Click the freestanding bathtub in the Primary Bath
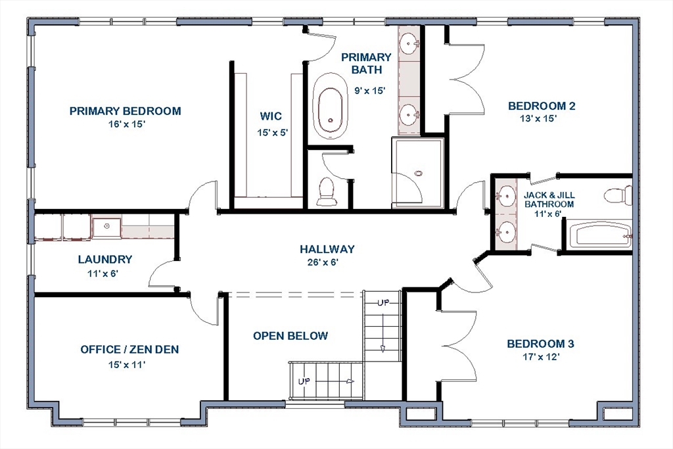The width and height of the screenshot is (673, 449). coord(330,106)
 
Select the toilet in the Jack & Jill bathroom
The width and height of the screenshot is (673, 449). coord(618,195)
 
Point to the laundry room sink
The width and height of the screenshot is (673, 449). coord(107,227)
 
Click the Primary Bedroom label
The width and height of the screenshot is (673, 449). coord(126,111)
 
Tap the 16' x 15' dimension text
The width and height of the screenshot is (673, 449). coord(127,124)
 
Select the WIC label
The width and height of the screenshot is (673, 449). coord(271,116)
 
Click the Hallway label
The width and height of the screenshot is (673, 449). coord(327,249)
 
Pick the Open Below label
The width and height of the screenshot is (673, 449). coord(290,336)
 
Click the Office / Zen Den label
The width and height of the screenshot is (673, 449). coord(129,350)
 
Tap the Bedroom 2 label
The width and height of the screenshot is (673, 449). coord(542,106)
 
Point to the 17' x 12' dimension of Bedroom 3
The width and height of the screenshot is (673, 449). coord(542,357)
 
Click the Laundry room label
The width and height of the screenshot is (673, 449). coord(105,259)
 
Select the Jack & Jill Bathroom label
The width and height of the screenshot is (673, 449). coord(549,200)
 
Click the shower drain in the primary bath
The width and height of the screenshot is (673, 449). coord(419,174)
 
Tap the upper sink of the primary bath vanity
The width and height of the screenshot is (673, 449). coord(409,43)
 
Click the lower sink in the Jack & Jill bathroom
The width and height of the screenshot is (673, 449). coord(506,232)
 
